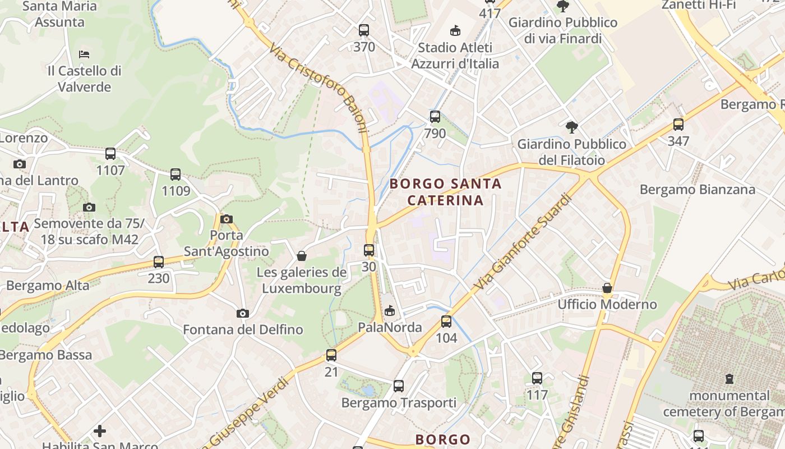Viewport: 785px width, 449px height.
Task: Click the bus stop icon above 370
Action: [x=364, y=30]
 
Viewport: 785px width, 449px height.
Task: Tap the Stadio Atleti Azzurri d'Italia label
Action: [x=455, y=56]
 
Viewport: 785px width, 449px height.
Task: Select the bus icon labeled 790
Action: [x=435, y=117]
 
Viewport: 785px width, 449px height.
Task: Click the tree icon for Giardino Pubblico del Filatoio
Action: [x=571, y=127]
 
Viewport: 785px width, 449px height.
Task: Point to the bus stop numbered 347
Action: [x=678, y=125]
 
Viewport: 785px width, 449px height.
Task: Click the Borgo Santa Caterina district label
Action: [x=445, y=192]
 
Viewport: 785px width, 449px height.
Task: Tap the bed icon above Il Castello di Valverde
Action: [x=84, y=54]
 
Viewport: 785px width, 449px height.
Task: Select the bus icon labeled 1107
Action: [x=110, y=153]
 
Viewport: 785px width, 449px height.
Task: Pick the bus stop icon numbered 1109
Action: [x=176, y=175]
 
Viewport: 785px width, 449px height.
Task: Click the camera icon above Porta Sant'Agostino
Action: [x=227, y=219]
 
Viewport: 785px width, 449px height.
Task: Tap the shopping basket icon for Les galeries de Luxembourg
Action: [x=302, y=256]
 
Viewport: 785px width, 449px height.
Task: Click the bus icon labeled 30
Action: [x=369, y=250]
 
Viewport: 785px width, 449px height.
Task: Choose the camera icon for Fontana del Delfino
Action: [x=243, y=313]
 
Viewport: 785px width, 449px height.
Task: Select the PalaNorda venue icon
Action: [x=390, y=310]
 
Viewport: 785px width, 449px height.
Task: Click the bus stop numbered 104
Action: [x=446, y=322]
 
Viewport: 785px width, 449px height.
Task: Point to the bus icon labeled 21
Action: [x=331, y=355]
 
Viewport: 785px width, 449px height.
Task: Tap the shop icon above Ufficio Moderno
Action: [x=607, y=288]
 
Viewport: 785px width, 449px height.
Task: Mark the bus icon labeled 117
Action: [x=537, y=378]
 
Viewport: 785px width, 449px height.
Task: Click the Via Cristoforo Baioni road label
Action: [x=318, y=88]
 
